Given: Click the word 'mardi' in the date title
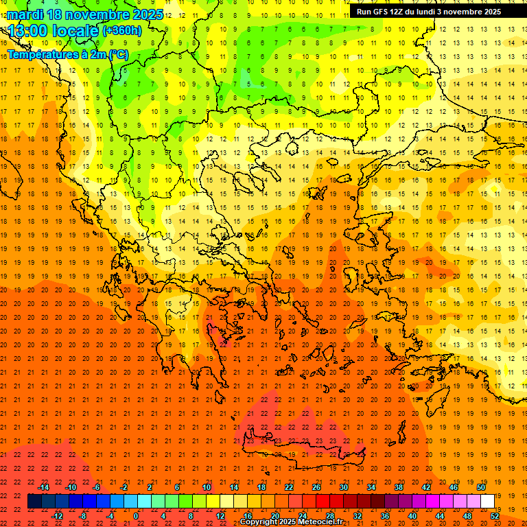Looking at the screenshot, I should (25, 14).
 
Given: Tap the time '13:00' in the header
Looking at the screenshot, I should (31, 31).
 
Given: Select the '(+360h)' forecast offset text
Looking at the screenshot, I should (122, 31).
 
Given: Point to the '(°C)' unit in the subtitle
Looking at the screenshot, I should (117, 54).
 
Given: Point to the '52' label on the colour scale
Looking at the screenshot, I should (495, 516).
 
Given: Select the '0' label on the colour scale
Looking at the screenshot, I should (136, 516).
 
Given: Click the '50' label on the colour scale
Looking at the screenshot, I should (481, 487).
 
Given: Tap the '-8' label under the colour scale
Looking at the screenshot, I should (82, 516).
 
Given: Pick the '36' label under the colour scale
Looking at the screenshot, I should (385, 516).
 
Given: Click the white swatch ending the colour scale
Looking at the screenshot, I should (488, 502).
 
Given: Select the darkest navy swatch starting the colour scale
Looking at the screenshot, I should (34, 502).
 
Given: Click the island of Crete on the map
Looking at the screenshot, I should (302, 449).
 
